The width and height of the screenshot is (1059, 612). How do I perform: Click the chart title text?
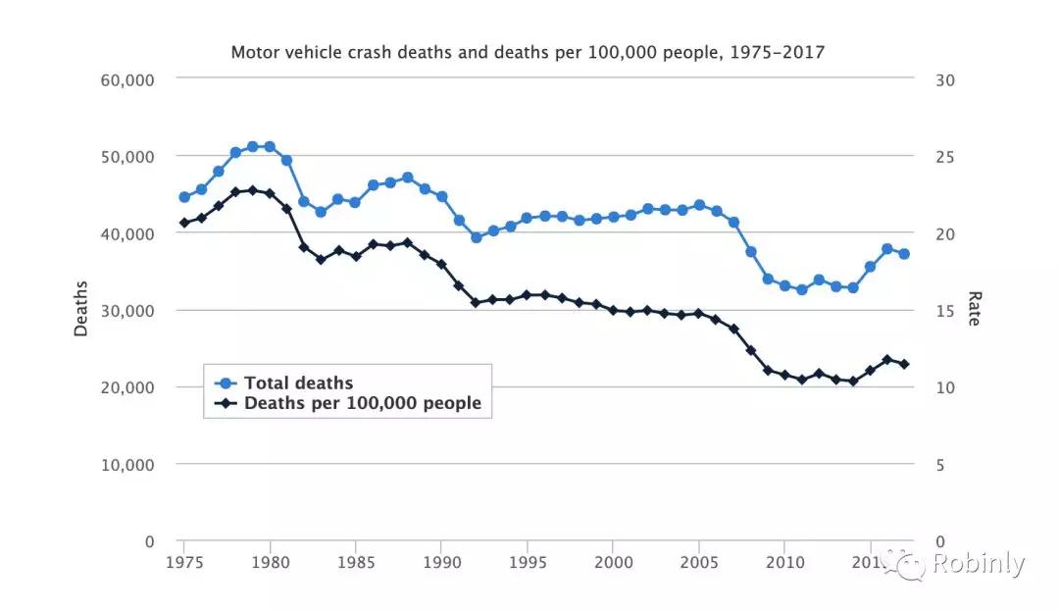pyautogui.click(x=528, y=51)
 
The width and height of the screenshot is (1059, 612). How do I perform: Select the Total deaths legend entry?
pyautogui.click(x=298, y=382)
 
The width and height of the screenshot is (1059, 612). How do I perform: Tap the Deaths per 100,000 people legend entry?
pyautogui.click(x=362, y=403)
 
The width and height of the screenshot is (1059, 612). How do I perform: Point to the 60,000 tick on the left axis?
pyautogui.click(x=127, y=79)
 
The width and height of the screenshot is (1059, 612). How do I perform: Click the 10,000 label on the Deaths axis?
pyautogui.click(x=127, y=465)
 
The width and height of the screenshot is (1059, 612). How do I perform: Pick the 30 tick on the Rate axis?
pyautogui.click(x=945, y=79)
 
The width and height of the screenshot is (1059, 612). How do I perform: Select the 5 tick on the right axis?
pyautogui.click(x=940, y=465)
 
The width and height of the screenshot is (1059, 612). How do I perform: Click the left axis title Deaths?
pyautogui.click(x=81, y=309)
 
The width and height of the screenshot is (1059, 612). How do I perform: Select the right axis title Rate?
pyautogui.click(x=975, y=309)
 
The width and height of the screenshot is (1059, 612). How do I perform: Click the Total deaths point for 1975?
pyautogui.click(x=183, y=197)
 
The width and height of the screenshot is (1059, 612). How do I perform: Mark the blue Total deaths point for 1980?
pyautogui.click(x=270, y=147)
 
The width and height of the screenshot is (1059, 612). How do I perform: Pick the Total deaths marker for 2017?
pyautogui.click(x=904, y=254)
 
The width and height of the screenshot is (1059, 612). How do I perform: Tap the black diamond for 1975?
pyautogui.click(x=183, y=223)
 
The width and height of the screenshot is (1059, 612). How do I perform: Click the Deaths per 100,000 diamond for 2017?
pyautogui.click(x=904, y=364)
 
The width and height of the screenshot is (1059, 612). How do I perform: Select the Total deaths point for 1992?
pyautogui.click(x=476, y=237)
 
